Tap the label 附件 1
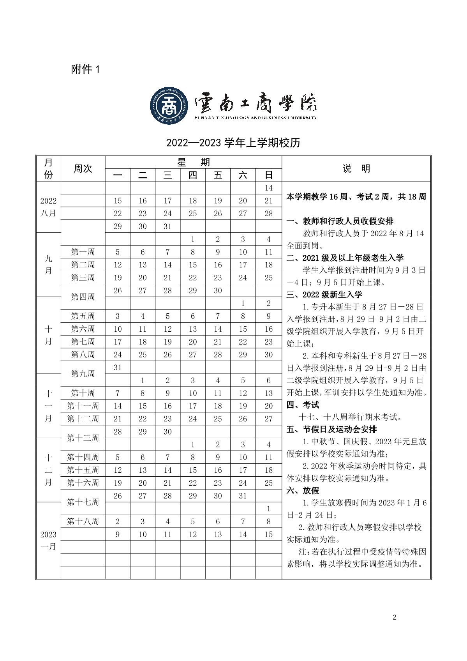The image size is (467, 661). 86,70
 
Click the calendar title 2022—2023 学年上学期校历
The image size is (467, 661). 233,143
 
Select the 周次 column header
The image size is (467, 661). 83,168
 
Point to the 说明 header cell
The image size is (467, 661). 356,168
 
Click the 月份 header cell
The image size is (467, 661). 48,168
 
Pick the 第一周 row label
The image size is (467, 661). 83,252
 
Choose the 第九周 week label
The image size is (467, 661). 83,374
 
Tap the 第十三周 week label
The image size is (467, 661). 83,438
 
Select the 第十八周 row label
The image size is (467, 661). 83,521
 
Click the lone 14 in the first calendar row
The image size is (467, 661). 268,188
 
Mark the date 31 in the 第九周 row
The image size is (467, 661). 118,368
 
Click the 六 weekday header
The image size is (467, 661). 243,175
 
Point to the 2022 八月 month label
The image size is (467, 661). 48,207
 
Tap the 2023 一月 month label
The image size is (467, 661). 48,540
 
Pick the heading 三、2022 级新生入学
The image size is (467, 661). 324,295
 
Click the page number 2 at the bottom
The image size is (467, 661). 395,617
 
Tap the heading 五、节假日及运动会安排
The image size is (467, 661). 331,429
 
